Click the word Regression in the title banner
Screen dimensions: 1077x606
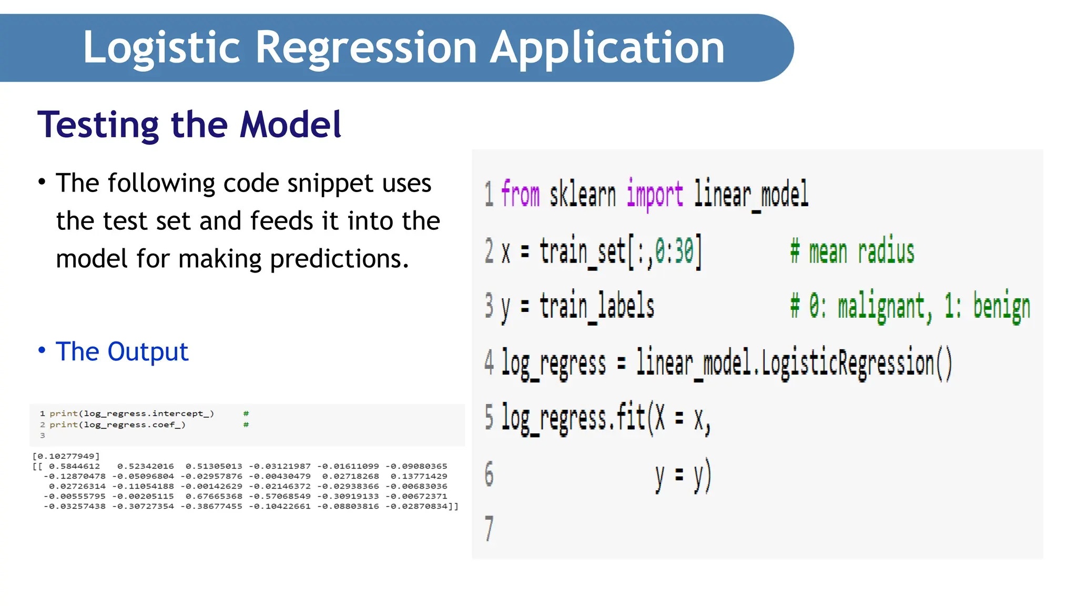click(x=366, y=48)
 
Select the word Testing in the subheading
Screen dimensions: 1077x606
click(x=98, y=125)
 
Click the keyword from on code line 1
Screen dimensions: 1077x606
click(x=520, y=194)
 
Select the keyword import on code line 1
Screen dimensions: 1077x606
click(x=654, y=194)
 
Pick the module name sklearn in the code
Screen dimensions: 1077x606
click(x=582, y=194)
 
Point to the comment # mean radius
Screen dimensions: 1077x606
click(x=852, y=251)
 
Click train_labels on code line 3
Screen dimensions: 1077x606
click(x=597, y=307)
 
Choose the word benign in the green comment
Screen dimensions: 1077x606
click(x=1001, y=307)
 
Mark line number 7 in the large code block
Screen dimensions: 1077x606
click(x=489, y=528)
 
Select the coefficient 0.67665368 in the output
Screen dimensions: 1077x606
click(x=214, y=496)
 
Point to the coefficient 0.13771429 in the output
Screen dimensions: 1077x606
click(x=419, y=476)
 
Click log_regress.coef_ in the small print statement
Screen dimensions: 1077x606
click(x=135, y=425)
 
